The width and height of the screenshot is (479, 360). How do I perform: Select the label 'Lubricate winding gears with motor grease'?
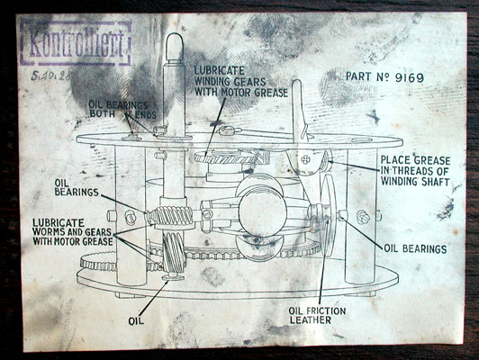coord(240,82)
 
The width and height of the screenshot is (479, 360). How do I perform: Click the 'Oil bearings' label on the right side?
coord(415,247)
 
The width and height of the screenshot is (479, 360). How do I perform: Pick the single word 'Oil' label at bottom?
coord(137,318)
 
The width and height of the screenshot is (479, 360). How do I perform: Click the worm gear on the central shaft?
coord(169,217)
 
